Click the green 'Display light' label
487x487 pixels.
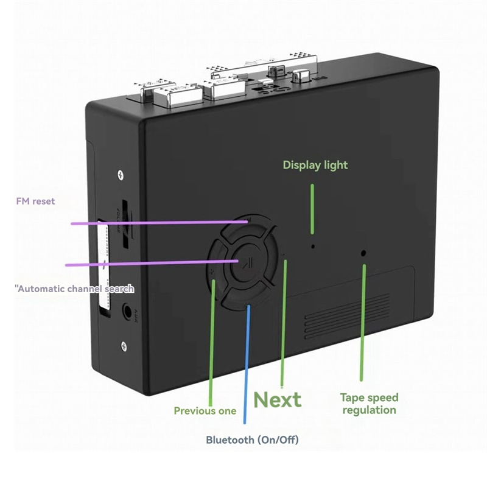(x=315, y=165)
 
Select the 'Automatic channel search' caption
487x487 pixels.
(x=75, y=288)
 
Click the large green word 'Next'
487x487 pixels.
(x=278, y=400)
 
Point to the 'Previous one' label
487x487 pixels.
(x=205, y=411)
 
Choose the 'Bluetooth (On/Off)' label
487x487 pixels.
(x=252, y=440)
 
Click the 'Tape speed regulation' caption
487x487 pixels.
(x=369, y=404)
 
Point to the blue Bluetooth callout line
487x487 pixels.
(x=247, y=365)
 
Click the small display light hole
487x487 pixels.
(x=313, y=247)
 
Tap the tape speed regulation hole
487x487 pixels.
(x=364, y=253)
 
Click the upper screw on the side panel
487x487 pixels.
(x=122, y=175)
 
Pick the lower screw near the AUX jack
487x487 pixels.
(x=124, y=346)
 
